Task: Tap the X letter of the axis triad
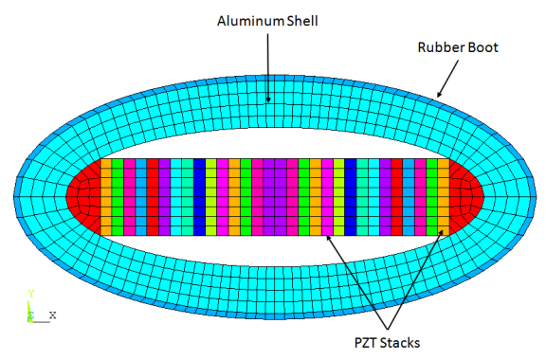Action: tap(53, 315)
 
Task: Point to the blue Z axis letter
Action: tap(31, 315)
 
